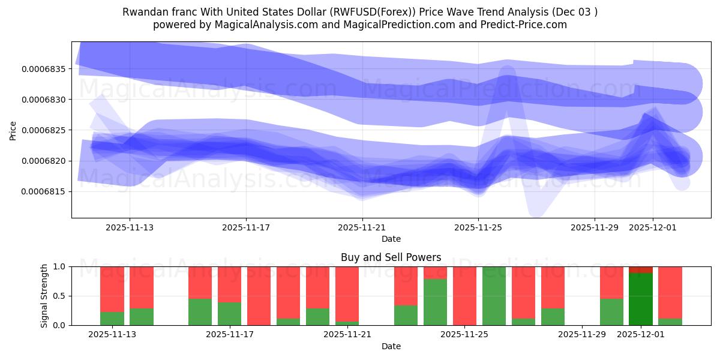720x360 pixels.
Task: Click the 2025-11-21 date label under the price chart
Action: point(362,228)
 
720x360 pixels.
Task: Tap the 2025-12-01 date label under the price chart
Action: point(653,228)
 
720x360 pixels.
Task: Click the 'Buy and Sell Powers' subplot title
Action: point(391,257)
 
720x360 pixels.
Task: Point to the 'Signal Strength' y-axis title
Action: point(44,296)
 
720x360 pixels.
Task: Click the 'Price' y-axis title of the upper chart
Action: point(13,130)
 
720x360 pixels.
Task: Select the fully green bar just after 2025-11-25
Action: point(494,296)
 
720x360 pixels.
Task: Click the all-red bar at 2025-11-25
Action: point(464,296)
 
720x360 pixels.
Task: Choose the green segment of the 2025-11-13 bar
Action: point(112,319)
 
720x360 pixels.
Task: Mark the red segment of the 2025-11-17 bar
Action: point(229,284)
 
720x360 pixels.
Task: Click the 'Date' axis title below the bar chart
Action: point(391,346)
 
